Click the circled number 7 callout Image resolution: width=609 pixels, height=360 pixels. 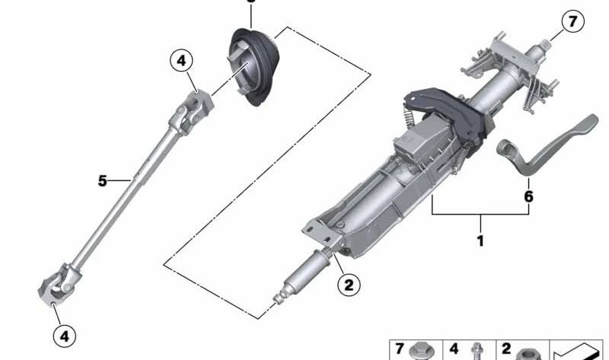pyautogui.click(x=572, y=21)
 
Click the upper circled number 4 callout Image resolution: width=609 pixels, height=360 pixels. pyautogui.click(x=181, y=61)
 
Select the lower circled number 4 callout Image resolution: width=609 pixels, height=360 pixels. pyautogui.click(x=65, y=336)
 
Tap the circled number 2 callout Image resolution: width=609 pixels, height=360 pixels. pyautogui.click(x=349, y=286)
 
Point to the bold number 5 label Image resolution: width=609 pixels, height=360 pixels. pyautogui.click(x=102, y=180)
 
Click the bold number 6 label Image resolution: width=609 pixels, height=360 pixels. pyautogui.click(x=528, y=196)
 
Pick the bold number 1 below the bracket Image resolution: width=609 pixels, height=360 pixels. pyautogui.click(x=480, y=241)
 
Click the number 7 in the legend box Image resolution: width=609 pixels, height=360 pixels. pyautogui.click(x=399, y=349)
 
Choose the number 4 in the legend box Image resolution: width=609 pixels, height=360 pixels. pyautogui.click(x=453, y=349)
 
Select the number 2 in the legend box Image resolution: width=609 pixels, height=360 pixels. pyautogui.click(x=505, y=349)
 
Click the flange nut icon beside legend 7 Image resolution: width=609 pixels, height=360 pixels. pyautogui.click(x=421, y=352)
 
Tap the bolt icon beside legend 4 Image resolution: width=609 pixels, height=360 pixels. pyautogui.click(x=477, y=352)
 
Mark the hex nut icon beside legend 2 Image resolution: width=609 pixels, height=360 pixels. pyautogui.click(x=528, y=354)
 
